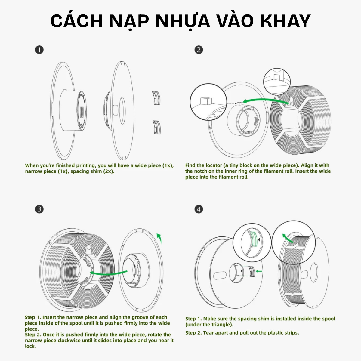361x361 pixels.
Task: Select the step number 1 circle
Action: pyautogui.click(x=39, y=50)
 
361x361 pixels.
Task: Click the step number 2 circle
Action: pyautogui.click(x=199, y=50)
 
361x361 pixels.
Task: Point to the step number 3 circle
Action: pyautogui.click(x=39, y=209)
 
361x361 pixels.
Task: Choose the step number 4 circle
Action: pyautogui.click(x=199, y=209)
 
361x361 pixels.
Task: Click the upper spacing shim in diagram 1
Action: pyautogui.click(x=156, y=98)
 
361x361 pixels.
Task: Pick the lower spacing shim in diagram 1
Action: pyautogui.click(x=156, y=127)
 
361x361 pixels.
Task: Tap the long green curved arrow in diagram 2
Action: pyautogui.click(x=265, y=100)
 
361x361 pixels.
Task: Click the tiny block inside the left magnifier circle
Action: pyautogui.click(x=206, y=100)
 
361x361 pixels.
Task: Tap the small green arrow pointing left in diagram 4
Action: pyautogui.click(x=259, y=271)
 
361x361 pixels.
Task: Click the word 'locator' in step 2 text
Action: pyautogui.click(x=214, y=165)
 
